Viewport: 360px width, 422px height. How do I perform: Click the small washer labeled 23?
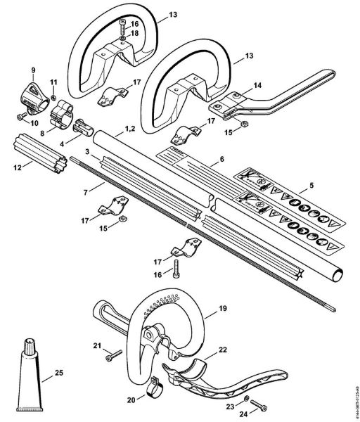click(243, 399)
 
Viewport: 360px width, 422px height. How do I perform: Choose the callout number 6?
click(221, 160)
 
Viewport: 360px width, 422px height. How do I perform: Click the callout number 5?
click(304, 188)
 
